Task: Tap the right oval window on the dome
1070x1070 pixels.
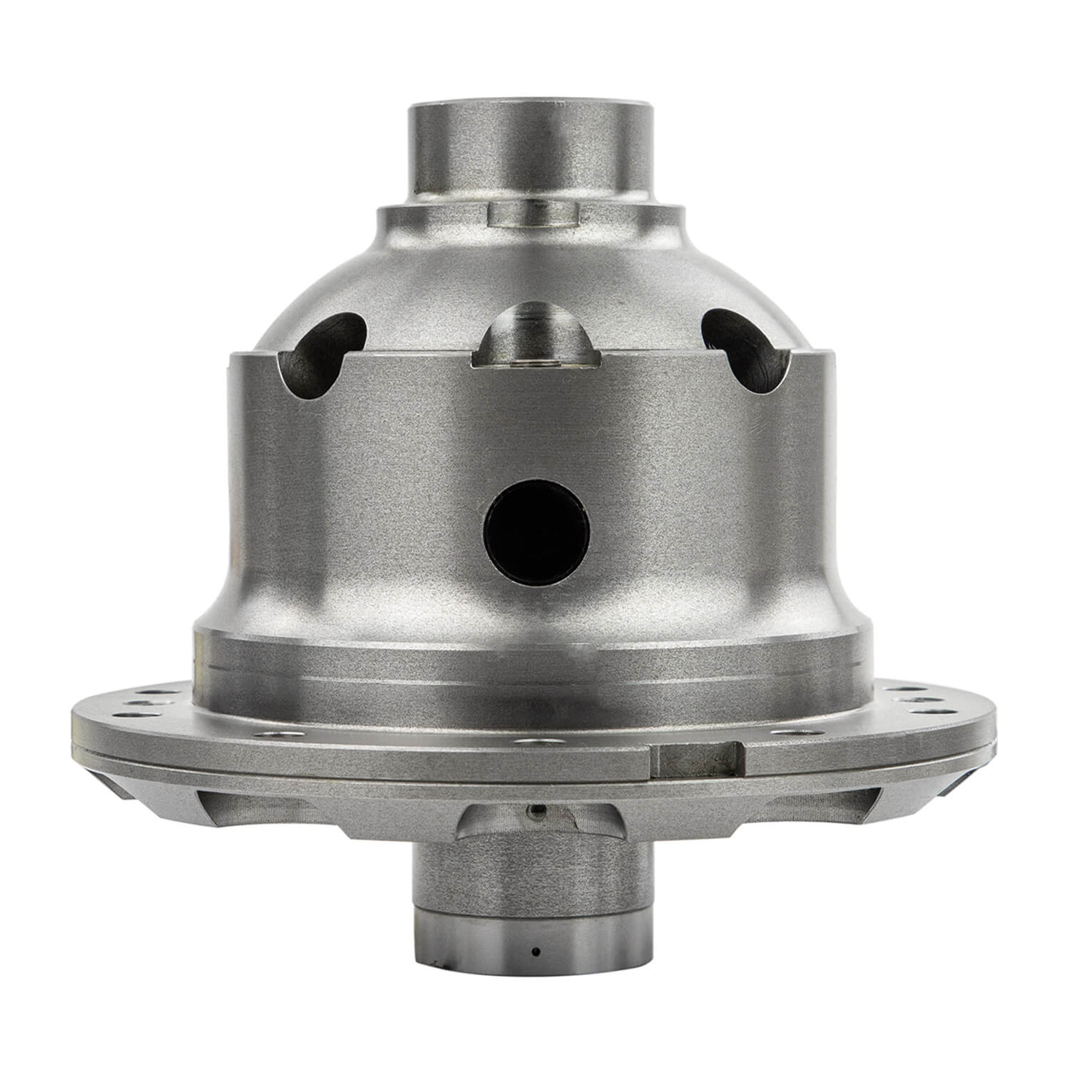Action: click(x=748, y=351)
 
